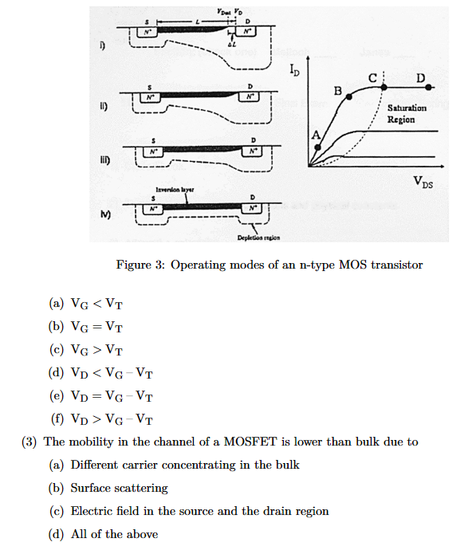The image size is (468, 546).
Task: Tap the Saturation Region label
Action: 407,114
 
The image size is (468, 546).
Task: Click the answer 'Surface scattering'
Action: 119,488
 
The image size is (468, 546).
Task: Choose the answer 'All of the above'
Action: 114,534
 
